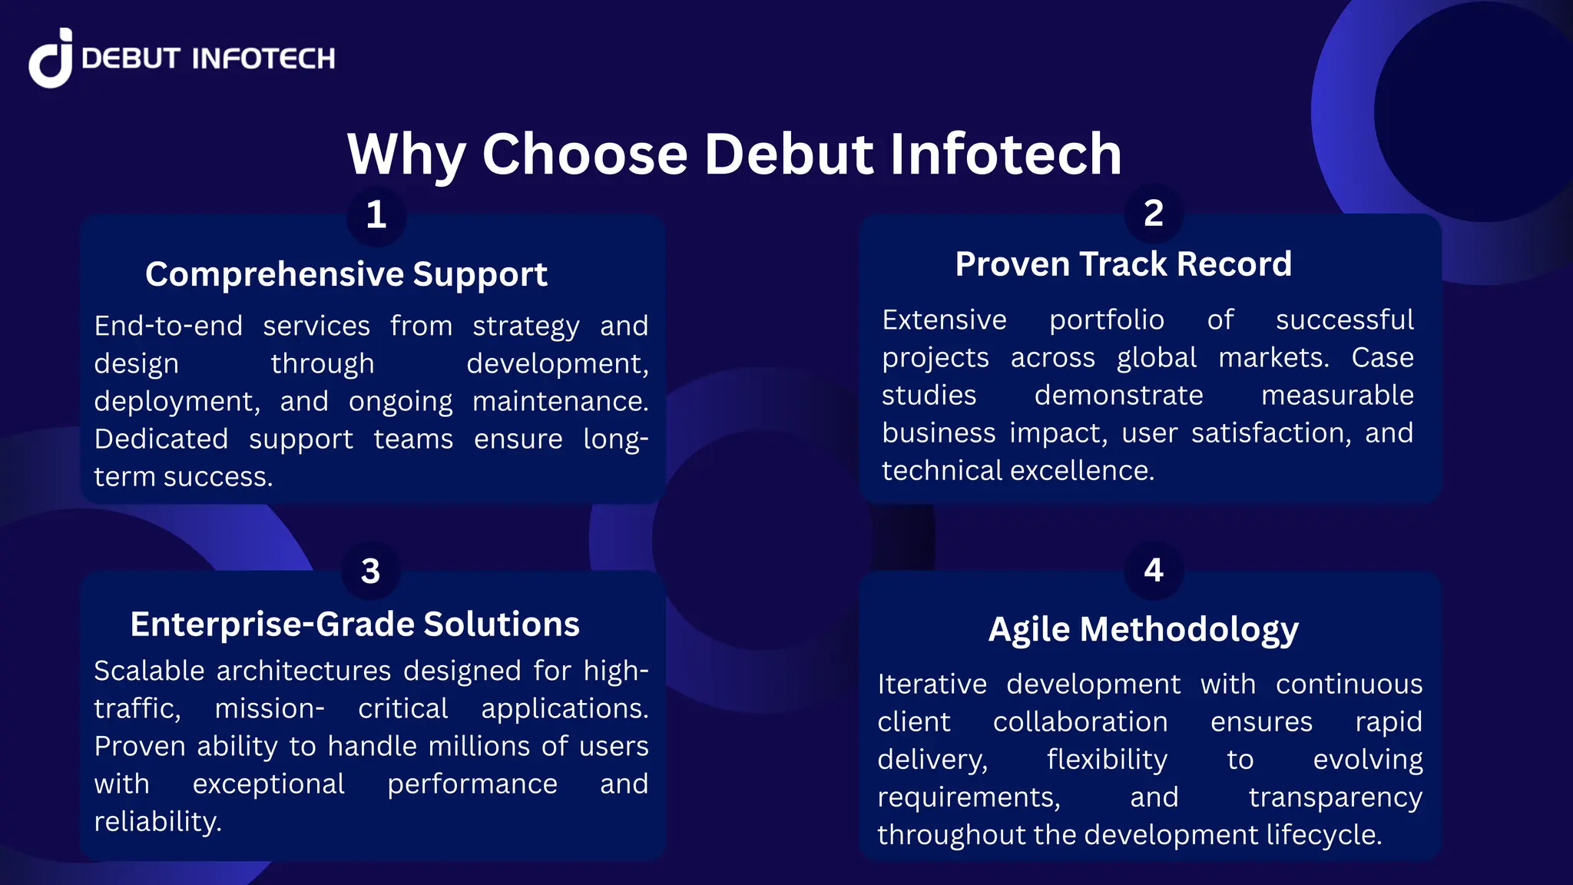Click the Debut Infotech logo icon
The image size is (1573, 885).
pos(51,59)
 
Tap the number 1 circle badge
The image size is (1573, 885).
pos(376,214)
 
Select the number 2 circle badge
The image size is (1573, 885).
pos(1153,213)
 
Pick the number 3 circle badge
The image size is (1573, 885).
pos(370,570)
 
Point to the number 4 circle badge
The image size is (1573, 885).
pos(1153,569)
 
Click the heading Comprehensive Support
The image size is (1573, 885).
pos(346,274)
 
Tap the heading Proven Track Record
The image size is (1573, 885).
pos(1123,264)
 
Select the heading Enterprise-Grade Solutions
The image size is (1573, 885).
pos(355,624)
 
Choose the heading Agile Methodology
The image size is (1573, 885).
pos(1143,629)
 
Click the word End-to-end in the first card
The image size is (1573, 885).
pos(168,326)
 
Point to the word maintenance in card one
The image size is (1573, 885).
pos(559,401)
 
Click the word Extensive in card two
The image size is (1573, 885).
pos(944,320)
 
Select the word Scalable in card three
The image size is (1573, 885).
pos(149,671)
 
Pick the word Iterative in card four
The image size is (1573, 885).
pos(932,684)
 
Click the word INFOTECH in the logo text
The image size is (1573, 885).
pos(263,59)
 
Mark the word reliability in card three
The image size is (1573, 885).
pos(157,821)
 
